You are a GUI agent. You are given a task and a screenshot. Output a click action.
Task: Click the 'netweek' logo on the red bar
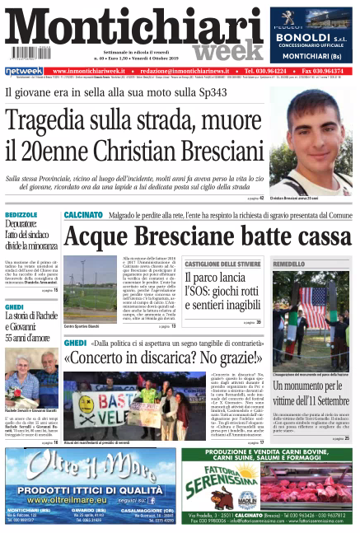[24, 72]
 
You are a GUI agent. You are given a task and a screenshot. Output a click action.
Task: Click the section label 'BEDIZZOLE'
[21, 215]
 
